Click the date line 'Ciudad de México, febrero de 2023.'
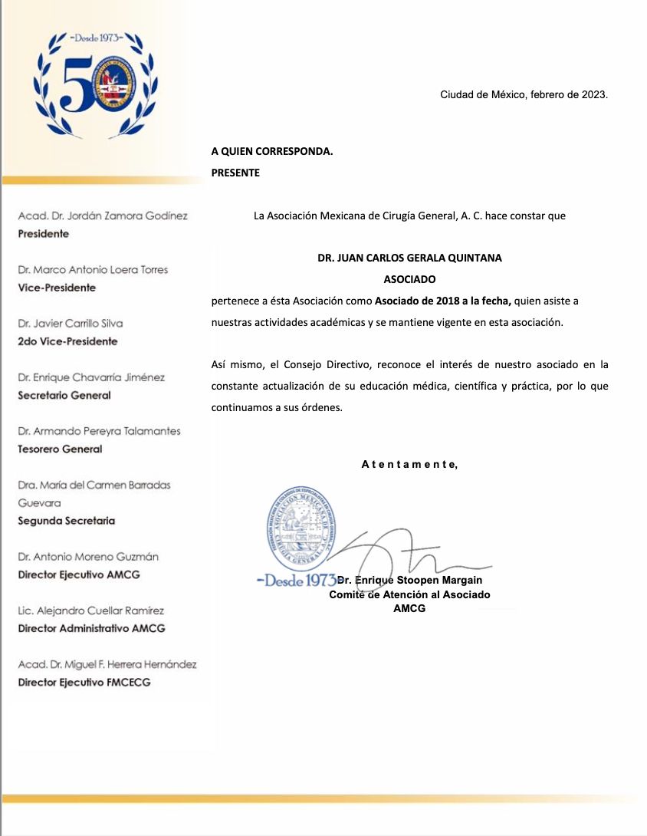coord(524,95)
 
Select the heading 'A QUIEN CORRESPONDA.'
coord(272,151)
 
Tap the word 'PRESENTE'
coord(235,173)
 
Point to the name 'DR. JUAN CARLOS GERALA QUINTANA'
coord(409,258)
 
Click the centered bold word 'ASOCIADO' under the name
coord(409,279)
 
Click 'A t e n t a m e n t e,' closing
coord(409,463)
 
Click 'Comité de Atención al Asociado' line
coord(409,594)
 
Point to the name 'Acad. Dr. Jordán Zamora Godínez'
coord(103,216)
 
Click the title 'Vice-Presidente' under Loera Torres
coord(57,288)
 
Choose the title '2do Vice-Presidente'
coord(67,341)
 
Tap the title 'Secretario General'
coord(64,395)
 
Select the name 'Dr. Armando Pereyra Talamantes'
coord(99,431)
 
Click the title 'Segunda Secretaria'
coord(67,521)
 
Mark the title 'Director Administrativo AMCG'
coord(91,628)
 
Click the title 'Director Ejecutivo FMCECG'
coord(84,682)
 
